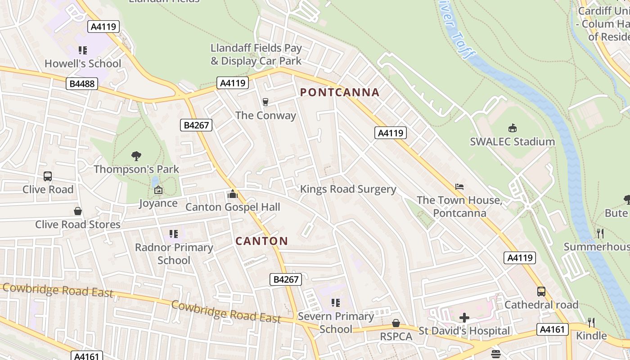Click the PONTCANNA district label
340,93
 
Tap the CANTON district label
261,241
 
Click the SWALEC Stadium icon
512,128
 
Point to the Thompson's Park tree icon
136,156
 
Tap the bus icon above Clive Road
48,176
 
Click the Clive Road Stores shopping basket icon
78,211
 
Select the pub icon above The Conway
265,103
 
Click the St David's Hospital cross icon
464,318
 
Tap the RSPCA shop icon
396,323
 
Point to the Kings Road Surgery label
348,189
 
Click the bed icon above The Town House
459,187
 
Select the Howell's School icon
83,50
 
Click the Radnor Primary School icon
174,234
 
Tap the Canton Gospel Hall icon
233,194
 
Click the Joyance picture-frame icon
158,190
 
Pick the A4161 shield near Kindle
552,329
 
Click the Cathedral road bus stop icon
541,292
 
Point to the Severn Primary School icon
336,303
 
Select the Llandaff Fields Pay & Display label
256,54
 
